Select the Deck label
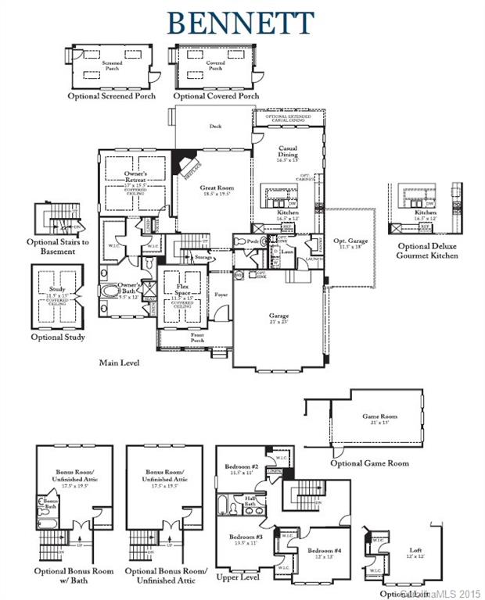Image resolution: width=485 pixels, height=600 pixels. [216, 125]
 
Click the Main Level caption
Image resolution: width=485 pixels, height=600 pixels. [120, 363]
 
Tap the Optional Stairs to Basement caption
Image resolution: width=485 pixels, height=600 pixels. [57, 246]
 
